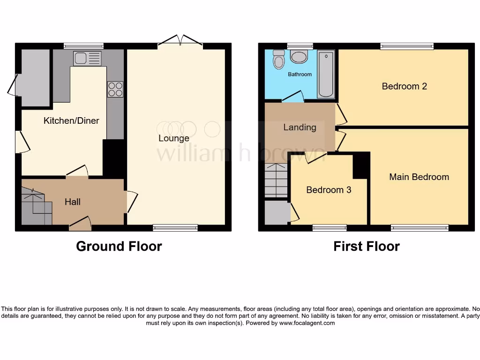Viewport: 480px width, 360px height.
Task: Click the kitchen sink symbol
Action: pos(87,59)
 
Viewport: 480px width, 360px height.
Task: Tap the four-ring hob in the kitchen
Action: pos(115,89)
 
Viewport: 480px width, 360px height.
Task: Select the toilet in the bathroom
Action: pos(279,60)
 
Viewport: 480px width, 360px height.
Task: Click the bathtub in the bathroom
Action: pos(326,75)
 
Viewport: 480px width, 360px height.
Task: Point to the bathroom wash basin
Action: pos(299,57)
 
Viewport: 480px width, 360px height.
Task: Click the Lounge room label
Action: pos(174,138)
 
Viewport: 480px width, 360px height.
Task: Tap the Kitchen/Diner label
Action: pos(71,121)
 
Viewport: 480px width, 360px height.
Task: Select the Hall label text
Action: pos(73,202)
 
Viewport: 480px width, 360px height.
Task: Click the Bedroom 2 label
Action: pos(404,86)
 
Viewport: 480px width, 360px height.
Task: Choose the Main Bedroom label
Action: pos(419,177)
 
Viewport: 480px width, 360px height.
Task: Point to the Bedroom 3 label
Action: pos(329,190)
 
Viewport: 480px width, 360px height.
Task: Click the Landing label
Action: pos(300,127)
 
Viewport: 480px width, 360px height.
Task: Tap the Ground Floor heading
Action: pos(119,246)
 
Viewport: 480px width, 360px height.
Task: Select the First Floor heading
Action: pos(367,246)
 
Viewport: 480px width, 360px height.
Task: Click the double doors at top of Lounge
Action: pos(180,41)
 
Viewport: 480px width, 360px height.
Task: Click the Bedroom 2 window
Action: pos(407,46)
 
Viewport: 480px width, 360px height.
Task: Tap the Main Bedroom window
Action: pos(420,228)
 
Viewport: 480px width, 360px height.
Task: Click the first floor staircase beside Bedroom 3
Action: pos(276,180)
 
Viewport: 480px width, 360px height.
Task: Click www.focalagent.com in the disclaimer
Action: pos(307,323)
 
